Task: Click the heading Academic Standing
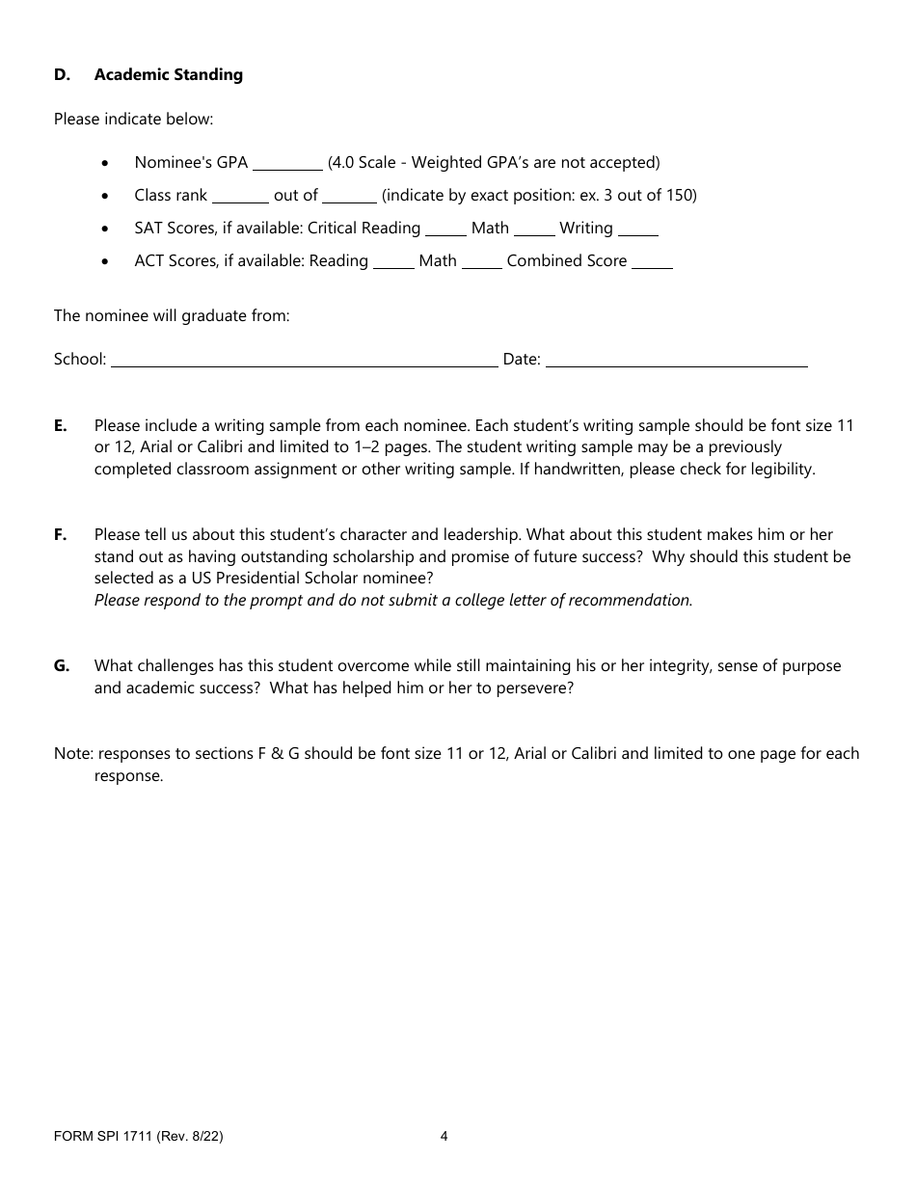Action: (x=168, y=75)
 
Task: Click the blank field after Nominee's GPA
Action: (x=287, y=164)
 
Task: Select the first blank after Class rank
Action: (x=240, y=197)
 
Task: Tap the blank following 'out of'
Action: (x=349, y=197)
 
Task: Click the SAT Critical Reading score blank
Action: (x=445, y=229)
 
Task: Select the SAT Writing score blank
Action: (x=637, y=229)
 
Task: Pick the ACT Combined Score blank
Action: (x=652, y=262)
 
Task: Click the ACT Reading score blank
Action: (x=393, y=262)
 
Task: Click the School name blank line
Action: (x=305, y=361)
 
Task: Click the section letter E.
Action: (x=61, y=425)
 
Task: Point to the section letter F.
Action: (x=60, y=534)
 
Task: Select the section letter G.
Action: (x=62, y=665)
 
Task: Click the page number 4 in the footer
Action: (x=444, y=1136)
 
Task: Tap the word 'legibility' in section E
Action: (x=779, y=470)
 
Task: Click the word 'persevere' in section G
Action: (x=534, y=687)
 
